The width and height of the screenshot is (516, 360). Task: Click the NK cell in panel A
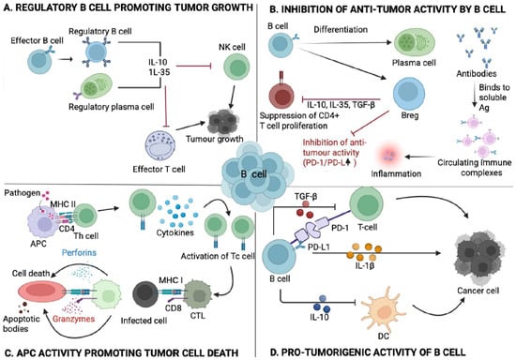coord(236,67)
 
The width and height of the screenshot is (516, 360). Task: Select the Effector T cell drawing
coord(160,146)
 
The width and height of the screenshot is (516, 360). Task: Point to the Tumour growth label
coord(214,139)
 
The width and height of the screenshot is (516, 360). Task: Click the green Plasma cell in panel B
coord(415,43)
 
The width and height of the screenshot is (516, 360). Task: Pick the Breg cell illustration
coord(409,94)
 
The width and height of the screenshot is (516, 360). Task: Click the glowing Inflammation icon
coord(391,155)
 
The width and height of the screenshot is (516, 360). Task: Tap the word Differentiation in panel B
coord(341,30)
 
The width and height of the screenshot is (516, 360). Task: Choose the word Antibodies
coord(477,73)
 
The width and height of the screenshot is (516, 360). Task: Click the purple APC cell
coord(43,221)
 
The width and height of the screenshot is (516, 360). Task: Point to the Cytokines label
coord(175,232)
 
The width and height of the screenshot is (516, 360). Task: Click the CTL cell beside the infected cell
coord(197,294)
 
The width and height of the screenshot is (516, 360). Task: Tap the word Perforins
coord(80,252)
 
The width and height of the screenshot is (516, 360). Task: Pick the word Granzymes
coord(74,319)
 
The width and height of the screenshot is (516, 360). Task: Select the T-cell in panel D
coord(366,204)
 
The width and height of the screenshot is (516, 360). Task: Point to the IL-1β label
coord(365,265)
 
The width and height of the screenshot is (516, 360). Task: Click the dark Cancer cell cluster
coord(478,257)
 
